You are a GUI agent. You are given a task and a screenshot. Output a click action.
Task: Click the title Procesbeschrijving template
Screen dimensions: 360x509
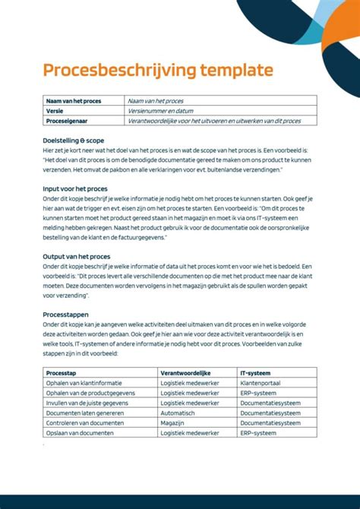(x=157, y=71)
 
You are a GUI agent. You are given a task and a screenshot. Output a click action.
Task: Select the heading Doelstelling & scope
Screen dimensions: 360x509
(x=74, y=141)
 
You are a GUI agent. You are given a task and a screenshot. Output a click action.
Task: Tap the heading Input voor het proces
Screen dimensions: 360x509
(x=75, y=188)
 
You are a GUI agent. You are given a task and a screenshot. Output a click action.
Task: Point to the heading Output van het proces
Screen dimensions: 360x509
(x=77, y=257)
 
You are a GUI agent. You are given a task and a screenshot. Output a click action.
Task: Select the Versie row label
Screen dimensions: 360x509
(x=55, y=110)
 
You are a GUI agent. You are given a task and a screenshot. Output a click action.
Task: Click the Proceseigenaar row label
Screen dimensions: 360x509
(x=67, y=120)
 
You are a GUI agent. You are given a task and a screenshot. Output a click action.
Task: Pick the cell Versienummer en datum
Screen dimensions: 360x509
(x=160, y=110)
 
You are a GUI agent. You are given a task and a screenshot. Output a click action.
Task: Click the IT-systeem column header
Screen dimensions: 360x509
(x=257, y=373)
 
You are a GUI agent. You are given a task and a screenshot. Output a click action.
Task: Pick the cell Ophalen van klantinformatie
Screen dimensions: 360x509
(x=84, y=383)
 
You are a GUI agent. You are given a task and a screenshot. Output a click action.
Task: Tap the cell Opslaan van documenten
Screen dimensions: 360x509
(x=80, y=432)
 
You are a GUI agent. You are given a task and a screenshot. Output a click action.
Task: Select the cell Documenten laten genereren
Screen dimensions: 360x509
(x=83, y=413)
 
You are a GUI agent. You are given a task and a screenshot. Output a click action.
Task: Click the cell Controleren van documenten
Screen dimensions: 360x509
(x=84, y=422)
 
